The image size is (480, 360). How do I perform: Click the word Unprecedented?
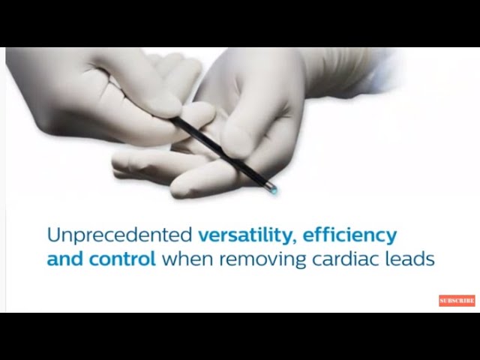click(119, 235)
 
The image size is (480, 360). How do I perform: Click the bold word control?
click(128, 260)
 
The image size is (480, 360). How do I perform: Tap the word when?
click(183, 260)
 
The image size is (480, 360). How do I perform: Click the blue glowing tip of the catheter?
click(273, 190)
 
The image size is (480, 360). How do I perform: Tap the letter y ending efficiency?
click(391, 238)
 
